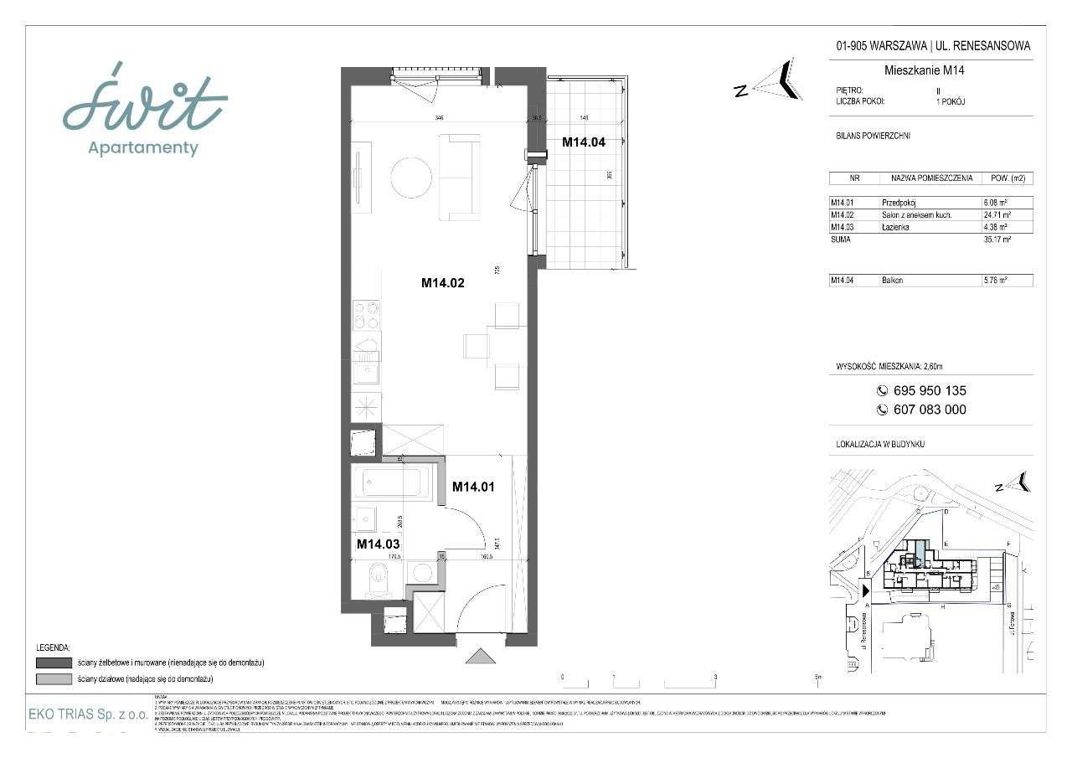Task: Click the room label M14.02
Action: [442, 283]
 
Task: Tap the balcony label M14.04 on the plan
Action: [583, 142]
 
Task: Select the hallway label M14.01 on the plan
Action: [474, 486]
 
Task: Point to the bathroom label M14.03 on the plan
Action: [378, 544]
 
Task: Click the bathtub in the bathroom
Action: [393, 482]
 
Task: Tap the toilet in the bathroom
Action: [378, 578]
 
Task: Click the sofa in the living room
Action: [460, 177]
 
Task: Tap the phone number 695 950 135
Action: [930, 390]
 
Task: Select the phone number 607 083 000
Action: [930, 410]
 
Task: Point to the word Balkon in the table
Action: [894, 281]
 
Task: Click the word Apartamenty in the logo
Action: [143, 148]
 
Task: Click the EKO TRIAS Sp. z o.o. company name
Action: [89, 714]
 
